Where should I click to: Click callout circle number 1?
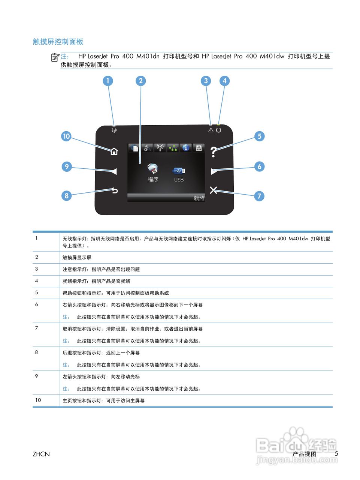[108, 81]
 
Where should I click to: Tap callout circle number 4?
[224, 81]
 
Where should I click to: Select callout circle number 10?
[66, 136]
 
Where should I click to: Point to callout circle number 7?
[259, 196]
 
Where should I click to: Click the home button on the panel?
[114, 151]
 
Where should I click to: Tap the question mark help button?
[213, 151]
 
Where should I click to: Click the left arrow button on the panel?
[114, 171]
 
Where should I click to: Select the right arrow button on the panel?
[214, 171]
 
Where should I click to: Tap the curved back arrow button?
[114, 190]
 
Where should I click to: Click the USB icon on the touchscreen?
[179, 171]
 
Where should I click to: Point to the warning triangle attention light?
[211, 130]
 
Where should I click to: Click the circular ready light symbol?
[218, 130]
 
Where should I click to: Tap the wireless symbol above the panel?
[114, 130]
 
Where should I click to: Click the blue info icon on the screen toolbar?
[185, 148]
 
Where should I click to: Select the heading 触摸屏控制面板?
[58, 42]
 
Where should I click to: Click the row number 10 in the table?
[38, 400]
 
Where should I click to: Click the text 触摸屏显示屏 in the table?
[77, 258]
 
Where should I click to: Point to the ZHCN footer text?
[41, 454]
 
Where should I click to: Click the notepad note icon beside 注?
[55, 57]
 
